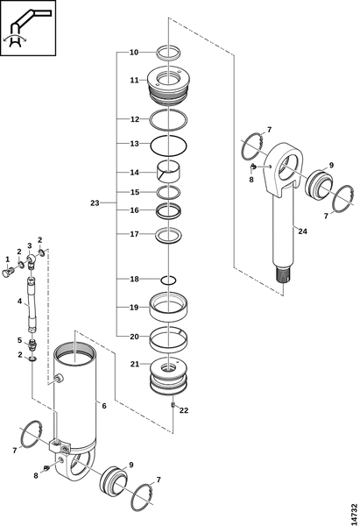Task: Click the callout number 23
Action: click(x=95, y=203)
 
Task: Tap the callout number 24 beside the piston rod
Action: click(x=303, y=231)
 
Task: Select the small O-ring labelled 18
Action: click(x=168, y=280)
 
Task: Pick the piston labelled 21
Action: click(x=168, y=376)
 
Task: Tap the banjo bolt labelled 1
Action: click(x=8, y=272)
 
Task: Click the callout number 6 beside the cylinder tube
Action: click(x=104, y=406)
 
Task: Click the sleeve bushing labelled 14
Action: click(x=168, y=171)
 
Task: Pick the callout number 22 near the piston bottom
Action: click(x=184, y=410)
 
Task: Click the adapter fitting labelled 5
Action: click(x=32, y=345)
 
